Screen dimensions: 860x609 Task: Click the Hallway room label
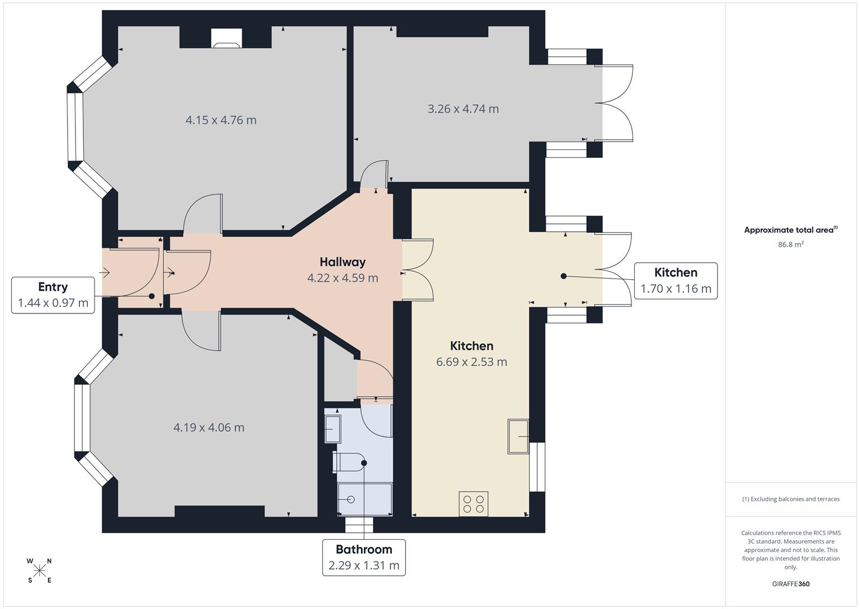[342, 262]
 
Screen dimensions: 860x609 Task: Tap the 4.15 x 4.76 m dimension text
[221, 120]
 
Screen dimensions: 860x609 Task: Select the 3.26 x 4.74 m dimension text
[463, 109]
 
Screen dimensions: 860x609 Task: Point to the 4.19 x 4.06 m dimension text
[209, 427]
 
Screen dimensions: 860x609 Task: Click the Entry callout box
[53, 295]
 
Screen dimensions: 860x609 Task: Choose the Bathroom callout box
[364, 558]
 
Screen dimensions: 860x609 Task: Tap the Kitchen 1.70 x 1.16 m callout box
[676, 281]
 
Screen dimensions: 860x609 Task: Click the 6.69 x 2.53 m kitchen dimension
[471, 362]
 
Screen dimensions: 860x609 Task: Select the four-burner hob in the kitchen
[474, 504]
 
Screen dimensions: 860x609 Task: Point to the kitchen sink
[518, 436]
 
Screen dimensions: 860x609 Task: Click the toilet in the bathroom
[349, 462]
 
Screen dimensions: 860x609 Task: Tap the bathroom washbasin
[333, 429]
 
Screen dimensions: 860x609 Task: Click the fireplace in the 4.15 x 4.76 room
[226, 38]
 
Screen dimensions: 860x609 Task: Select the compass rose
[39, 571]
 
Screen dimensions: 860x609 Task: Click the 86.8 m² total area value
[791, 244]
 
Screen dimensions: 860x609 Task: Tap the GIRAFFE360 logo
[791, 584]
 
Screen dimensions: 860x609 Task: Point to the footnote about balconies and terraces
[791, 499]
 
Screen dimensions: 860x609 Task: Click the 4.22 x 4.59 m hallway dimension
[342, 278]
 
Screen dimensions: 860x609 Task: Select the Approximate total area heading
[791, 230]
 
